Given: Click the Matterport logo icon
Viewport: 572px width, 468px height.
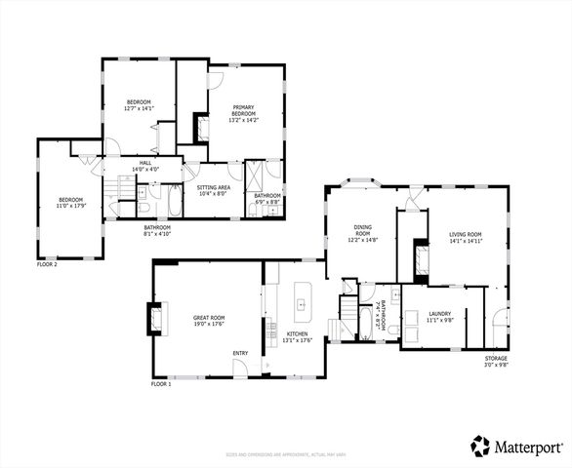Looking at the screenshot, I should tap(480, 446).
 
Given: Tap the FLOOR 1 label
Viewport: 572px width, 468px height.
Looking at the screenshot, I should tap(161, 384).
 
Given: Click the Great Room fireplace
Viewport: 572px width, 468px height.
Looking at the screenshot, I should tap(154, 317).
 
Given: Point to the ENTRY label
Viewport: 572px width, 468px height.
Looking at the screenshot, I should tap(239, 353).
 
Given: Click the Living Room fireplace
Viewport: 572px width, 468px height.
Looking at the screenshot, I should tap(422, 258).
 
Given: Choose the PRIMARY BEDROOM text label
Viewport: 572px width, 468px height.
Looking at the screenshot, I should tap(242, 111).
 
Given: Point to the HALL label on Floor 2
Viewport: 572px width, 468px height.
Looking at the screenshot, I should tap(144, 163).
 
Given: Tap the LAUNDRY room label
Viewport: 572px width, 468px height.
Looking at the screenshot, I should tap(438, 313).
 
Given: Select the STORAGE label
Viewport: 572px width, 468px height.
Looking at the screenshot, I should tap(496, 358).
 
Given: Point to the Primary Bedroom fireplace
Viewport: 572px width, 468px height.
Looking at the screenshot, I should tap(202, 129).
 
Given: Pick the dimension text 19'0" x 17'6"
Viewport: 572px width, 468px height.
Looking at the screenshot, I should tap(209, 322).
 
